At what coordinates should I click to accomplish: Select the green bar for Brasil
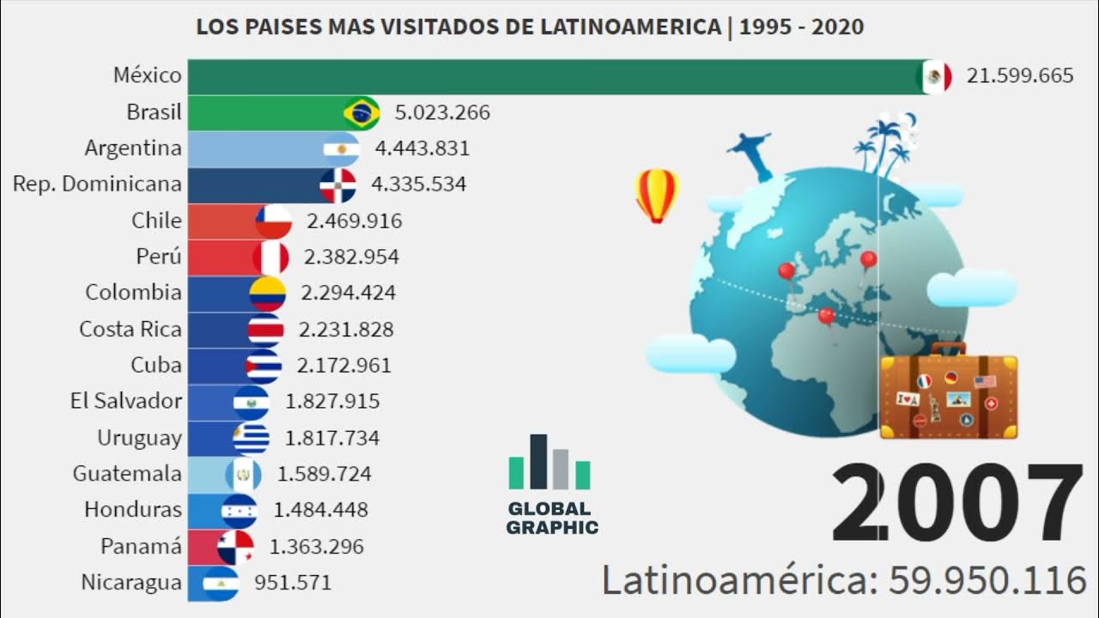(266, 112)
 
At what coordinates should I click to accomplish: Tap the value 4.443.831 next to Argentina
(422, 148)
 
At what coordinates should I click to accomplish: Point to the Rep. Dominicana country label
(97, 184)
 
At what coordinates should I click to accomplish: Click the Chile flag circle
(274, 221)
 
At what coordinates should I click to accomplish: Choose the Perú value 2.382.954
(351, 257)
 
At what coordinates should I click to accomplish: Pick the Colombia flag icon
(267, 294)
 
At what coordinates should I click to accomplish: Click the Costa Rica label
(131, 329)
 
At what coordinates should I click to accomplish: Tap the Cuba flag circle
(264, 366)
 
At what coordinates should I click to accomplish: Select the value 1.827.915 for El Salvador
(332, 401)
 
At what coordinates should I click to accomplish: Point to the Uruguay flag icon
(252, 438)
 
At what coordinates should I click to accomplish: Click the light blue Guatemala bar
(206, 474)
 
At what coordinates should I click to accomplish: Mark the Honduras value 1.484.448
(320, 510)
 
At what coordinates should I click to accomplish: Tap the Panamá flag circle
(236, 547)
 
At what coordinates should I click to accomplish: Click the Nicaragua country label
(131, 583)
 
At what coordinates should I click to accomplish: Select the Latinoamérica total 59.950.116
(987, 581)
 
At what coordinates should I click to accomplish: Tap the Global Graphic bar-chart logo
(549, 463)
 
